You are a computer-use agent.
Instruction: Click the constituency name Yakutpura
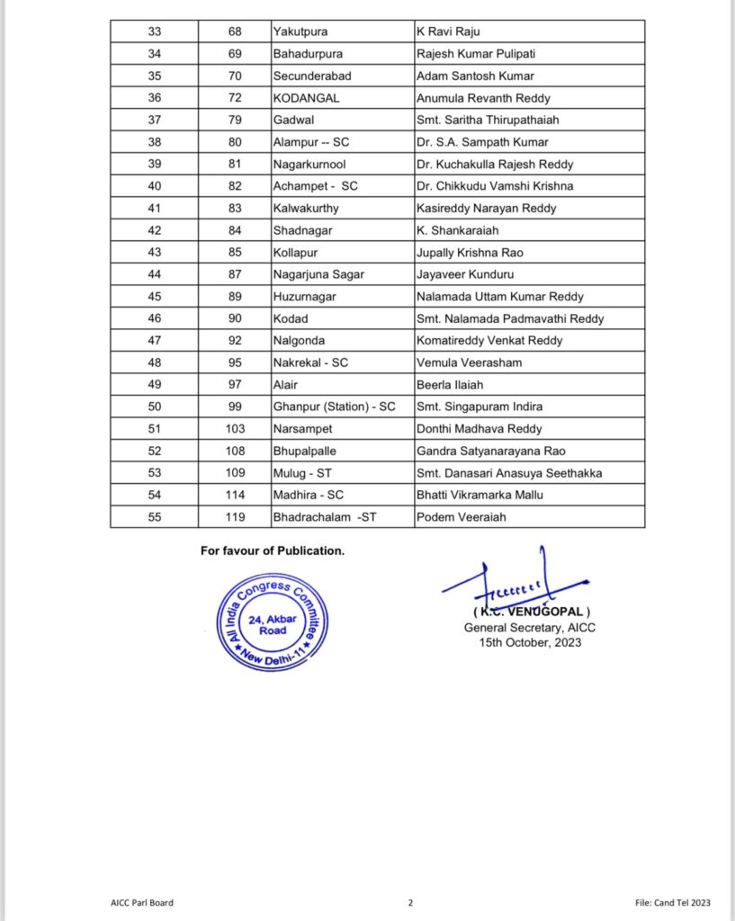pos(300,32)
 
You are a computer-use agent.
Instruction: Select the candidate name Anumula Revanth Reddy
pos(483,98)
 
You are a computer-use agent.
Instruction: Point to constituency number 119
pos(235,517)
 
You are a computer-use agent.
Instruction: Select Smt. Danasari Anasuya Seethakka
pos(509,473)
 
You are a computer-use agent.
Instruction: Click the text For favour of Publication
pos(272,550)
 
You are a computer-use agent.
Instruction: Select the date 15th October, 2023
pos(530,642)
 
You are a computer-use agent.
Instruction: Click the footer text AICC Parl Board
pos(136,902)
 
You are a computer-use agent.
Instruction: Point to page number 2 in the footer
pos(409,902)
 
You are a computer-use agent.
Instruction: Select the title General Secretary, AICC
pos(530,628)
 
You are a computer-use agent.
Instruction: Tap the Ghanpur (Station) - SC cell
pos(334,407)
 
